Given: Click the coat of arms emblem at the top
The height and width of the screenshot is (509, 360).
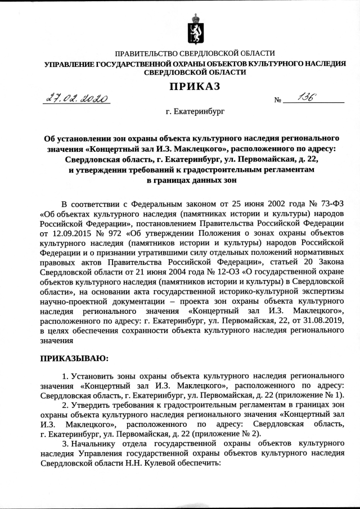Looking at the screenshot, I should tap(195, 29).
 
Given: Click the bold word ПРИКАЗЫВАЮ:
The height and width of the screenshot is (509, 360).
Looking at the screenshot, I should tap(74, 357).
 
